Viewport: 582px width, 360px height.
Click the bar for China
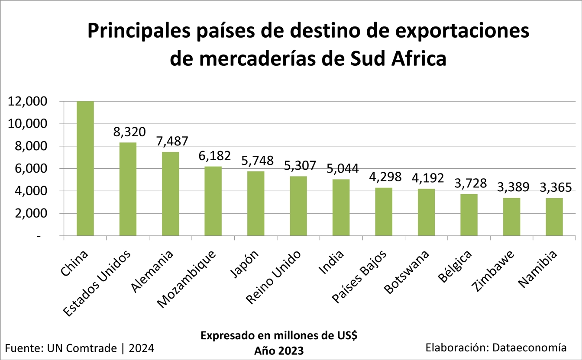pyautogui.click(x=85, y=169)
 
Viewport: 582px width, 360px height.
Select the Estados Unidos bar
pyautogui.click(x=128, y=189)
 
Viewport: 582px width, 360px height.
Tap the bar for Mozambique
pyautogui.click(x=213, y=201)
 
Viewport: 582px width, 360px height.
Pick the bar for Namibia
pyautogui.click(x=554, y=217)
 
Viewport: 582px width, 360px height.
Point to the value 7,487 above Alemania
pyautogui.click(x=172, y=141)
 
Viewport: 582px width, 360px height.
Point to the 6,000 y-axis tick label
pyautogui.click(x=30, y=169)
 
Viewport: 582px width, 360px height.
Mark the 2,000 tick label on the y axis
pyautogui.click(x=30, y=213)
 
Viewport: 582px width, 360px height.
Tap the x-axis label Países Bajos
pyautogui.click(x=359, y=277)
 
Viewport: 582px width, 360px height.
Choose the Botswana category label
pyautogui.click(x=407, y=272)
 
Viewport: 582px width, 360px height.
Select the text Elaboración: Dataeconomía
pyautogui.click(x=496, y=347)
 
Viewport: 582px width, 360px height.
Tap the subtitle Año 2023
pyautogui.click(x=279, y=350)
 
